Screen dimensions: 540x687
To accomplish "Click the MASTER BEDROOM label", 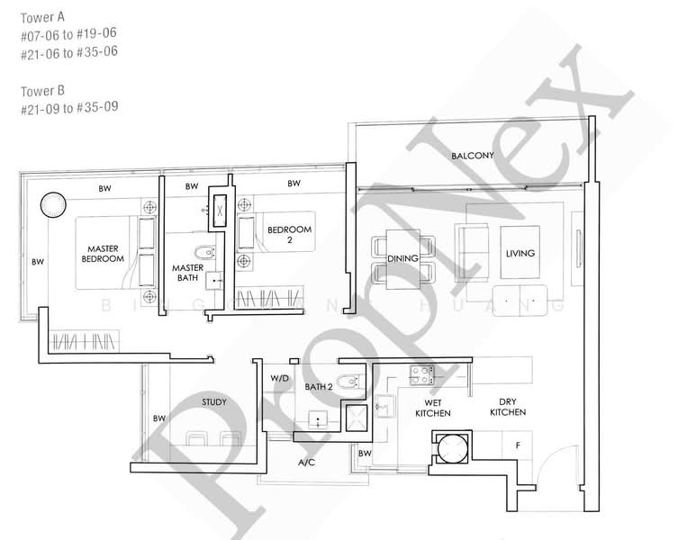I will [104, 254].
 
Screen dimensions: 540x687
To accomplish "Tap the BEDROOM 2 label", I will [289, 236].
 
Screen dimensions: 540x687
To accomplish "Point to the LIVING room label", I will [520, 254].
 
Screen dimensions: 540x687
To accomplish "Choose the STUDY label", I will [214, 402].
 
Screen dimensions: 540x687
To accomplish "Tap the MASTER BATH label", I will [187, 273].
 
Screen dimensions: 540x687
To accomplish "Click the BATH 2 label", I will [319, 387].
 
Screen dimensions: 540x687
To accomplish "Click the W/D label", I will [279, 379].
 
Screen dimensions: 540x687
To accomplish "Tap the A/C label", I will [305, 463].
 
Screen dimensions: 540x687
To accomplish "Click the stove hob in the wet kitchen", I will [421, 371].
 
